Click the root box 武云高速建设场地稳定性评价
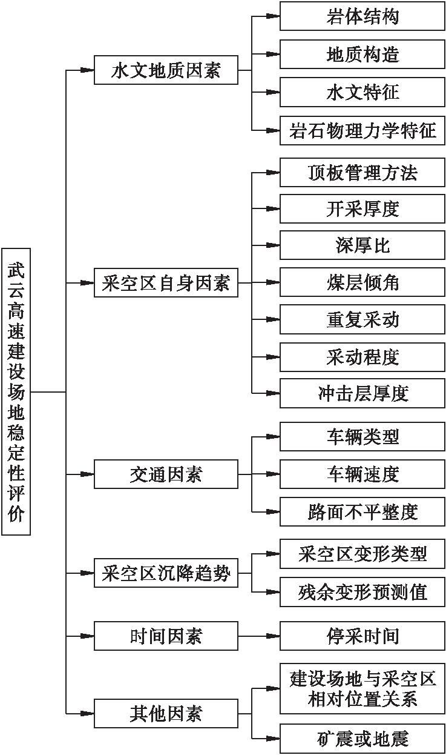click(16, 391)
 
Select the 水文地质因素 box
click(166, 70)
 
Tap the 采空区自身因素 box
click(166, 282)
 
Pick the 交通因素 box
click(166, 474)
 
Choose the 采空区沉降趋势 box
click(166, 573)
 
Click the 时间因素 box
click(166, 636)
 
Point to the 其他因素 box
click(166, 713)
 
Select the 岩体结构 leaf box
click(362, 16)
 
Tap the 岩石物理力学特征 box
click(362, 130)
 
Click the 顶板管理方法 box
click(362, 173)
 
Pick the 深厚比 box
click(362, 245)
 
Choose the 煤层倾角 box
click(362, 282)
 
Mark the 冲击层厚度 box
click(362, 393)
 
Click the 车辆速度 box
click(362, 474)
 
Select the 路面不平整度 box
click(362, 512)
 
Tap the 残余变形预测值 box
click(362, 591)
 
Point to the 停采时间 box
click(362, 636)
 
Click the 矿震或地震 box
click(362, 738)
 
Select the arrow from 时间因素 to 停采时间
click(258, 636)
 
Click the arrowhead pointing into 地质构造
click(273, 55)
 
